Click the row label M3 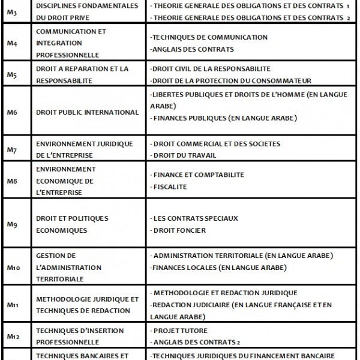[12, 12]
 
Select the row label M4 [12, 43]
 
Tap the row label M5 [12, 74]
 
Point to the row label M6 [12, 112]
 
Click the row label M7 [12, 149]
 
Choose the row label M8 [12, 181]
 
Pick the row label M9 [12, 224]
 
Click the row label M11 [13, 304]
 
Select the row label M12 [13, 336]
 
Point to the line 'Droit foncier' [179, 230]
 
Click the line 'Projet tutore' [181, 330]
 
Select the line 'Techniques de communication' [209, 37]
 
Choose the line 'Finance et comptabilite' [199, 175]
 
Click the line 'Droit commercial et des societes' [217, 144]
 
